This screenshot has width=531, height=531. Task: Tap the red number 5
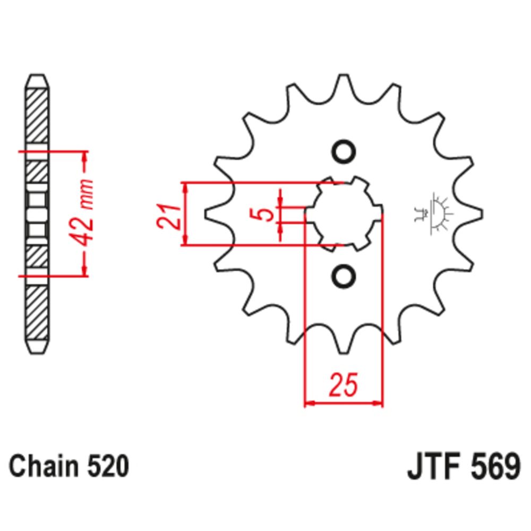point(268,214)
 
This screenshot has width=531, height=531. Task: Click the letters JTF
point(430,467)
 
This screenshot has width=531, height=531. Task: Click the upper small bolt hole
point(343,151)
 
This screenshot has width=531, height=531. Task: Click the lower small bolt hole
point(343,276)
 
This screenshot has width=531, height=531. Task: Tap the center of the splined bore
point(343,214)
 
